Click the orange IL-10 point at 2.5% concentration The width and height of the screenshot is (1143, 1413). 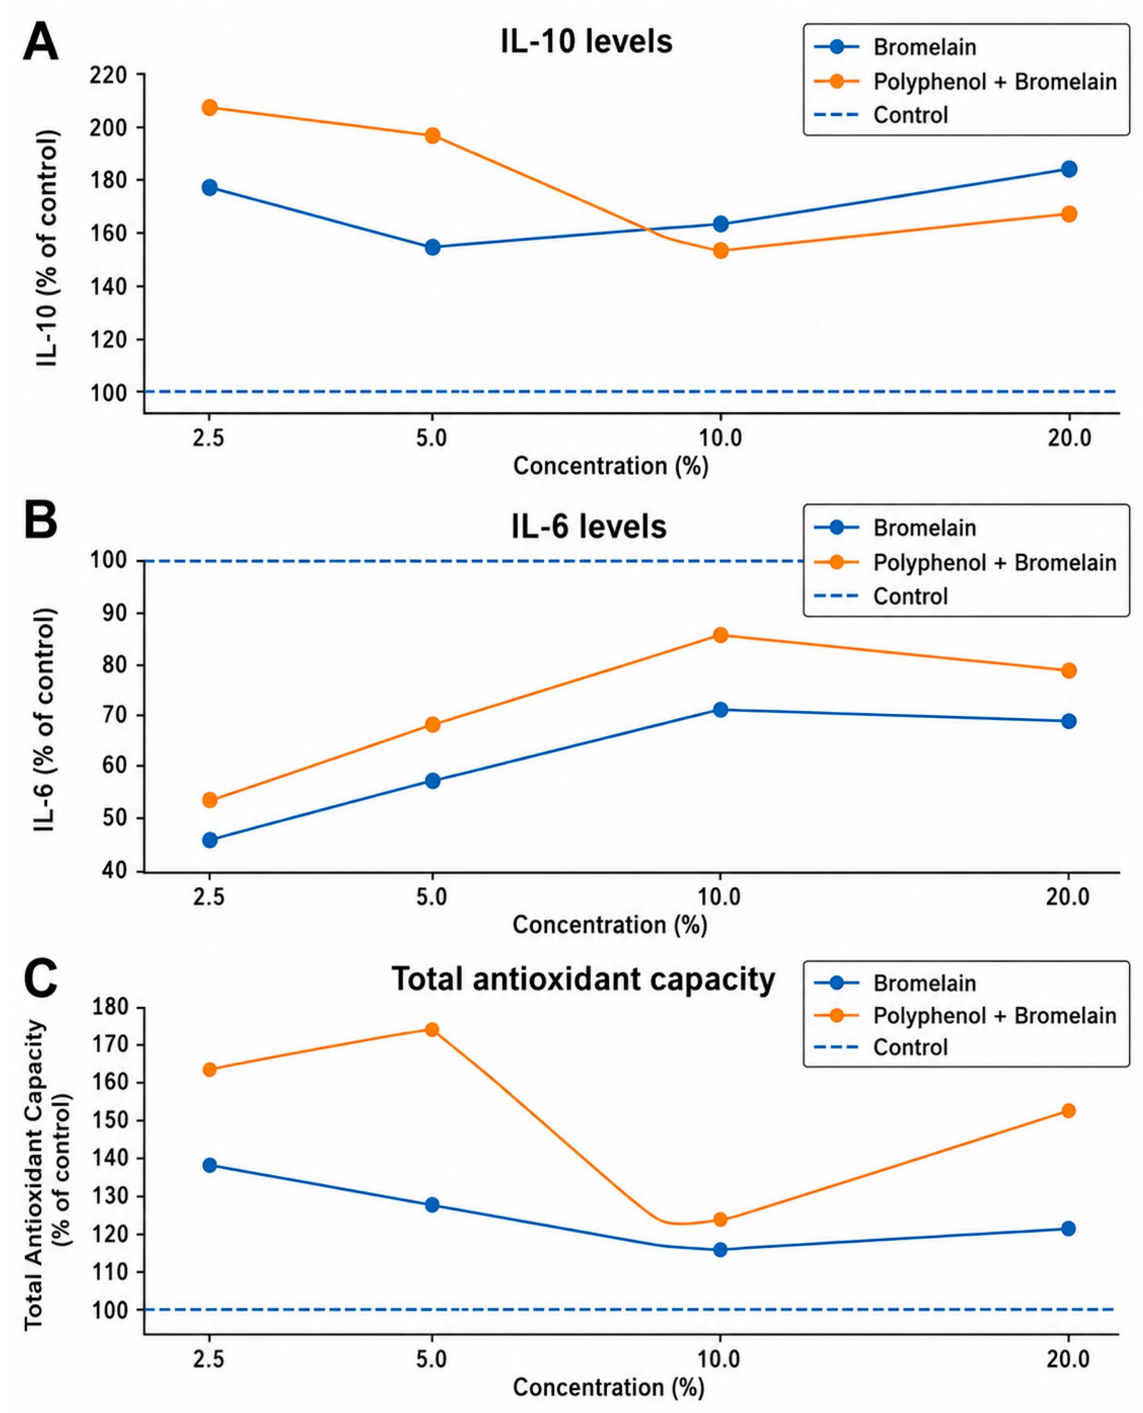(x=209, y=107)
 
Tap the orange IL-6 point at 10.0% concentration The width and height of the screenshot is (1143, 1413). (x=720, y=635)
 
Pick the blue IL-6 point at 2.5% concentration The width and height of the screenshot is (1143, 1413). (x=209, y=840)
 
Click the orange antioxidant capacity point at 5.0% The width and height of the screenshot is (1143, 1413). (x=432, y=1029)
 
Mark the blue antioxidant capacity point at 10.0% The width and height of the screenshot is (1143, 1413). (x=720, y=1249)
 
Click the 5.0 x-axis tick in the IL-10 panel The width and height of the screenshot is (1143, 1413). (x=432, y=438)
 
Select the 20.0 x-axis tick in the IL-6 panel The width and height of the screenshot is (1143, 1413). (x=1068, y=897)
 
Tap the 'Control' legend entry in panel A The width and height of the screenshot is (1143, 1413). (x=911, y=115)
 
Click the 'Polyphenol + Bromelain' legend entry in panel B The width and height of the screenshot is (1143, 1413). (x=995, y=563)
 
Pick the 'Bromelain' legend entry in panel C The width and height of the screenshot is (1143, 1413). (x=924, y=983)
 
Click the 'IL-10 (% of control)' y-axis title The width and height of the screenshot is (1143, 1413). (x=48, y=249)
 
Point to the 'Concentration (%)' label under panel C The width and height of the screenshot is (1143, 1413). (x=609, y=1387)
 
